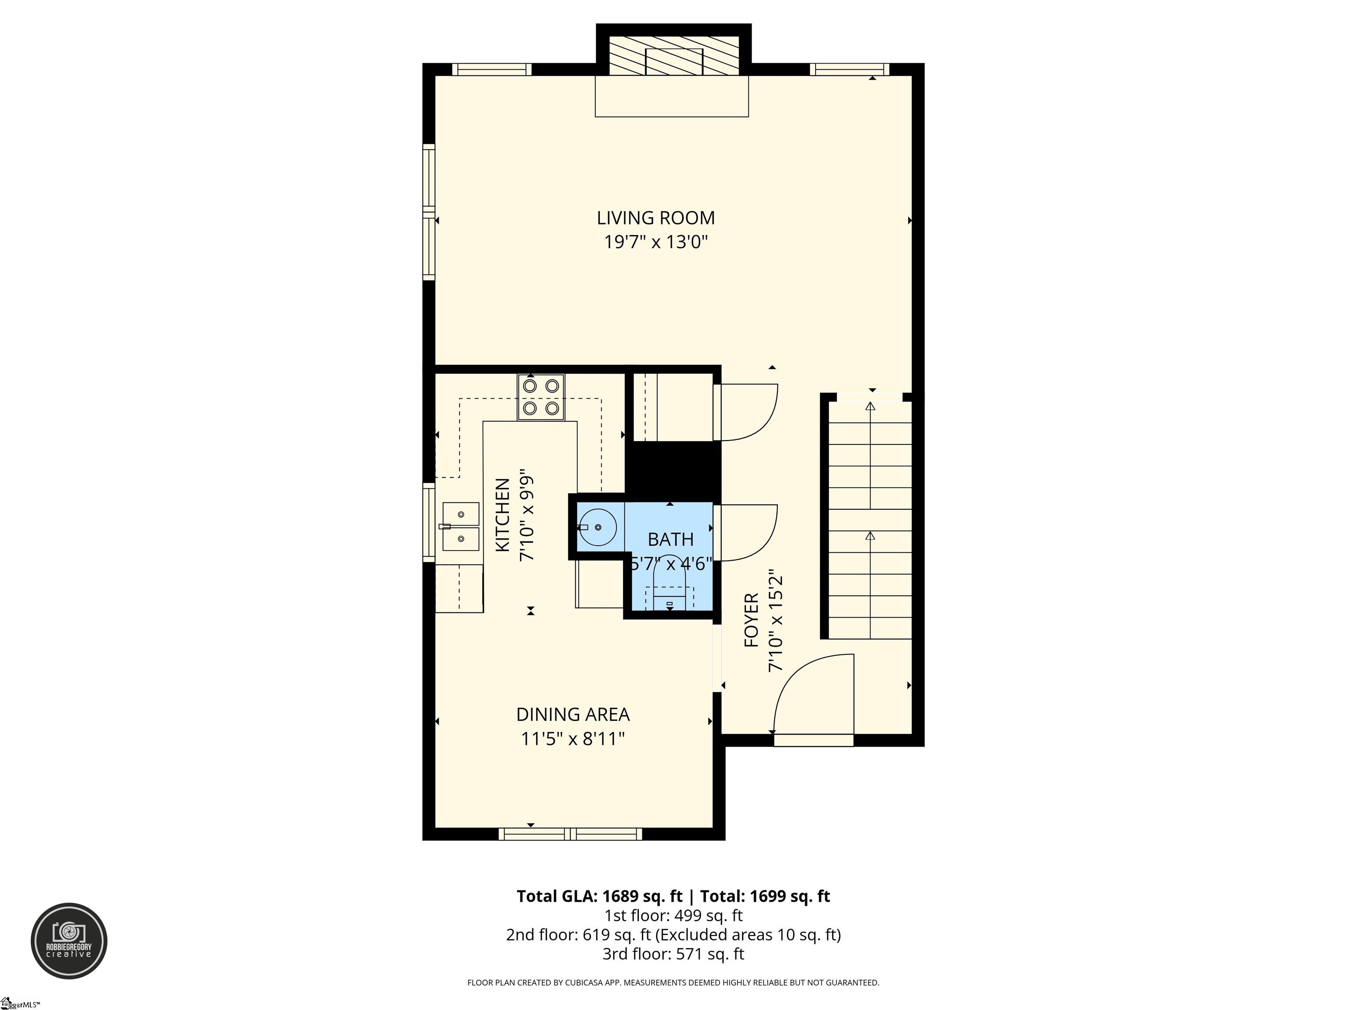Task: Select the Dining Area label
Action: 572,714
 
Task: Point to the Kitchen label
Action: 502,515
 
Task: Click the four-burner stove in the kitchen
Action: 541,397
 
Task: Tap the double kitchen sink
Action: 460,526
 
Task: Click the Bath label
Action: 670,539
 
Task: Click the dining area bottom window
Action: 570,833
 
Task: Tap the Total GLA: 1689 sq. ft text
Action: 599,896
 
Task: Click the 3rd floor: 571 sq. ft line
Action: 673,954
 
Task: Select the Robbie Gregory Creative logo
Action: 69,941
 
